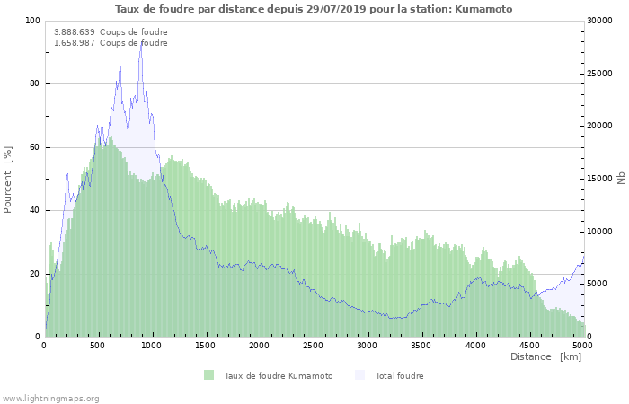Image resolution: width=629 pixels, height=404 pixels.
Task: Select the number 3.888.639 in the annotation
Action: click(x=74, y=32)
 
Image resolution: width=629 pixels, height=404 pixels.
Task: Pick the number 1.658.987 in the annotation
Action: click(x=74, y=43)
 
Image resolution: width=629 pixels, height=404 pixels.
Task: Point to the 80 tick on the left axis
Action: click(x=34, y=84)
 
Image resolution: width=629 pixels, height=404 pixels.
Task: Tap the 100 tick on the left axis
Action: click(x=32, y=21)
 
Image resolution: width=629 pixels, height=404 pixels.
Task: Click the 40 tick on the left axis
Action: click(x=34, y=211)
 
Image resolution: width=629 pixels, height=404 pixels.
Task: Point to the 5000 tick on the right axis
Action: click(x=598, y=285)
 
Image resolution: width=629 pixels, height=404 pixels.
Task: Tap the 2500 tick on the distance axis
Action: click(x=314, y=345)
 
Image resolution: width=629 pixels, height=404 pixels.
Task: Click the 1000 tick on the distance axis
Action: click(x=152, y=345)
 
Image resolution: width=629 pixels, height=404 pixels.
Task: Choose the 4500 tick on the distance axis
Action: click(x=528, y=345)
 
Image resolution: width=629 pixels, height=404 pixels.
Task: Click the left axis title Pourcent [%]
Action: click(x=9, y=179)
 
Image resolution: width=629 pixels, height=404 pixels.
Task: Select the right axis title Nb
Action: click(x=621, y=179)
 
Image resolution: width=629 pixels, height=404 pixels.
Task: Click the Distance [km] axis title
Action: click(x=545, y=357)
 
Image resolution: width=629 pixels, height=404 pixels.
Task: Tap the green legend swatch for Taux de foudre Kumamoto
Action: click(x=209, y=375)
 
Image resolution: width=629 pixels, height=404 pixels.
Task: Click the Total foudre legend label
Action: click(x=399, y=376)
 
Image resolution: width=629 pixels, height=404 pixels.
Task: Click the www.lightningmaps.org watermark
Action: click(x=51, y=398)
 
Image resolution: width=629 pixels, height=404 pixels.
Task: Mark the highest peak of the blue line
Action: click(x=140, y=43)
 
